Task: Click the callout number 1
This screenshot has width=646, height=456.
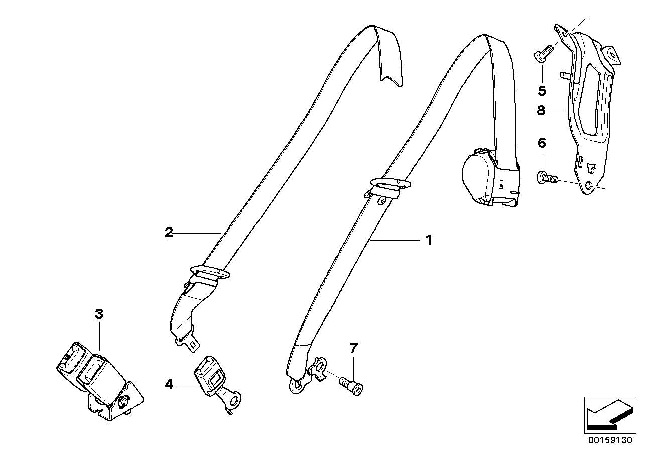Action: tap(428, 240)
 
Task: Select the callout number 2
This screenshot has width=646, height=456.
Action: tap(169, 232)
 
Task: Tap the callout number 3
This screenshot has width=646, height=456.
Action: tap(99, 314)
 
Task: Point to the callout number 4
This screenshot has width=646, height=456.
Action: tap(169, 384)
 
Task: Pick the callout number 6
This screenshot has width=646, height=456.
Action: tap(541, 143)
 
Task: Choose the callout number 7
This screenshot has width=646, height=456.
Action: tap(354, 347)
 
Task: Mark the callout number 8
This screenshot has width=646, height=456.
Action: tap(541, 110)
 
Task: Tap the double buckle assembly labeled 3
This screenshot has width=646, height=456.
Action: tap(95, 376)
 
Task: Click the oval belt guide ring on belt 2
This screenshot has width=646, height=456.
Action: tap(210, 271)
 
